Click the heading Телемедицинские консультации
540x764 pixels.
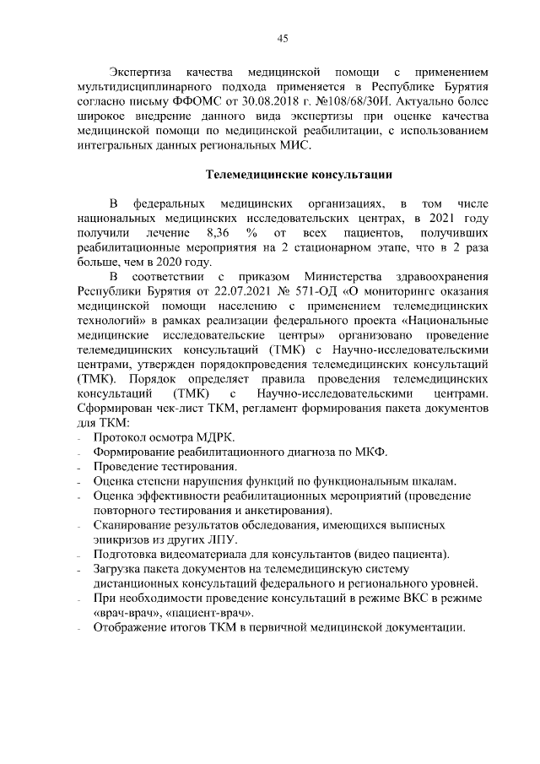tap(300, 176)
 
